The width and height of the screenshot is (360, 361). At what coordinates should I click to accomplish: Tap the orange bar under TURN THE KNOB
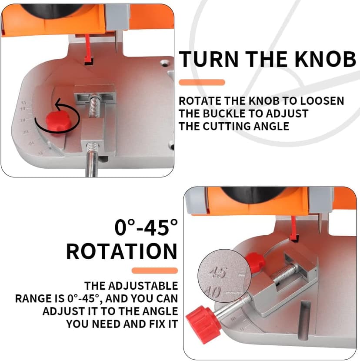pos(202,82)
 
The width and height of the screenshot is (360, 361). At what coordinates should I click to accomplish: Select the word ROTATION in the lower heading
pos(122,251)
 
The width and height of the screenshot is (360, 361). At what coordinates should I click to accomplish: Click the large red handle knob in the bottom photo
pos(203,326)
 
